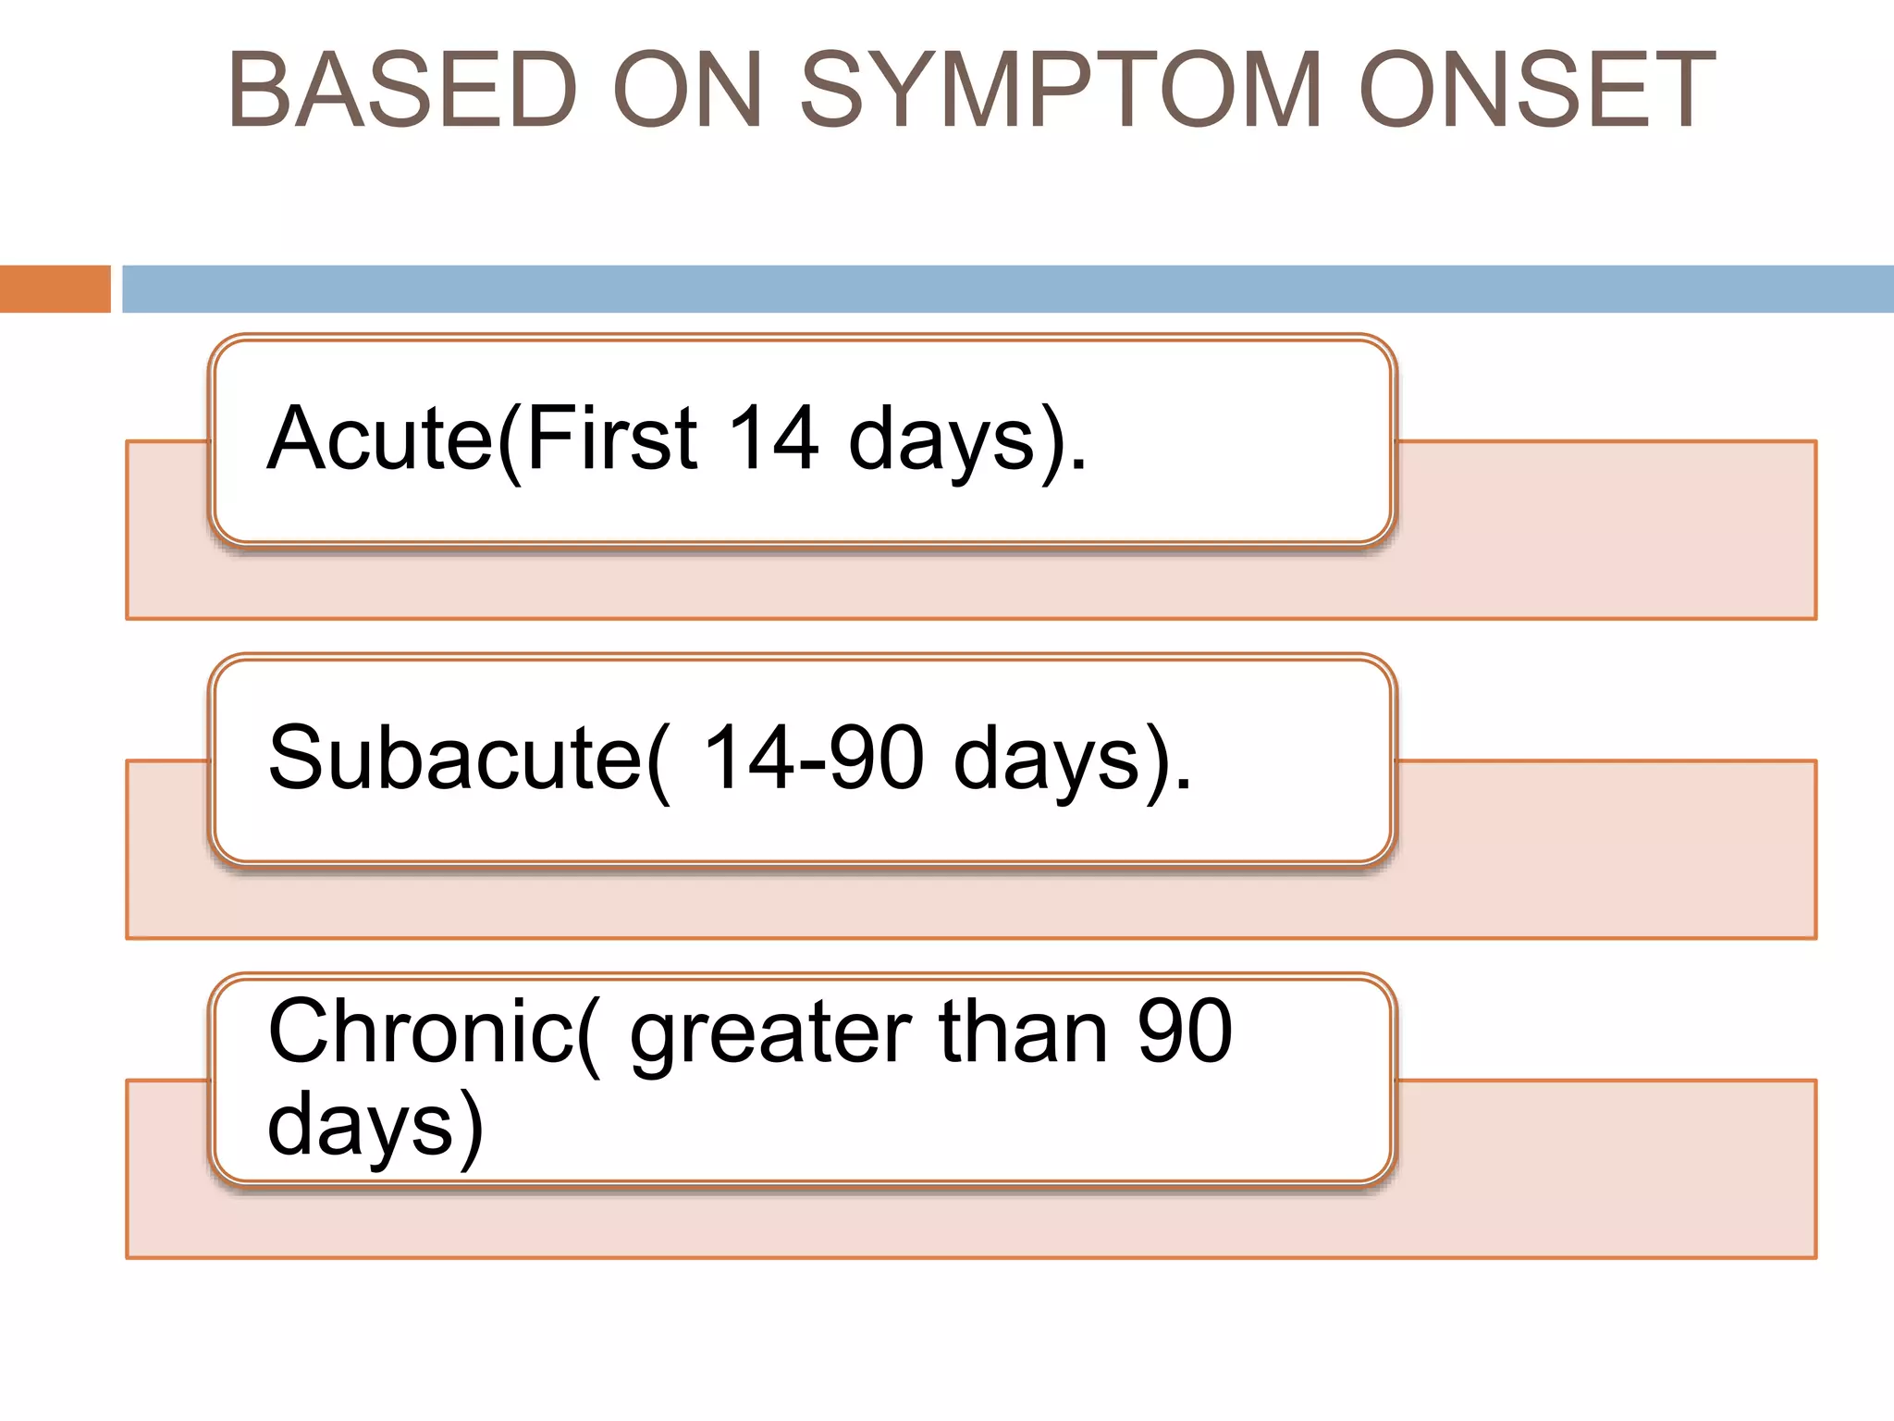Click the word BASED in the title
pos(403,90)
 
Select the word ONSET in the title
pos(1537,90)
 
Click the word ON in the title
pos(687,90)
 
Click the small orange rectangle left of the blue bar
pos(55,289)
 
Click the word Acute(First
pos(482,439)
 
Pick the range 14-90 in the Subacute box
pos(814,759)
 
